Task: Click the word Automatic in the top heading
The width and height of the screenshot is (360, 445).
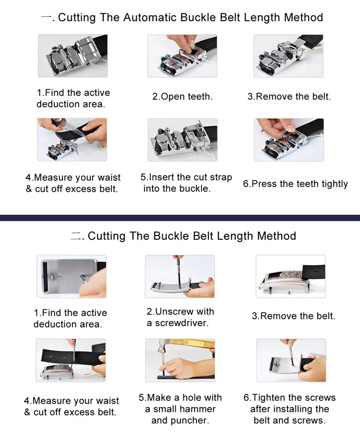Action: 150,18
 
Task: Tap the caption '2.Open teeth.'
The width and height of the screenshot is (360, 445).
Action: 182,96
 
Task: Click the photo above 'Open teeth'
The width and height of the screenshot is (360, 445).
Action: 182,56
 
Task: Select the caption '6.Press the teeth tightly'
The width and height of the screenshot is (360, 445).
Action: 295,184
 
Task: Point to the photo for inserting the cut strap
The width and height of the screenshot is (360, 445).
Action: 183,140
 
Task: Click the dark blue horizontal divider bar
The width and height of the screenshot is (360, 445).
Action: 180,218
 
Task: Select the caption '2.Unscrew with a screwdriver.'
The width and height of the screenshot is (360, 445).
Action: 180,317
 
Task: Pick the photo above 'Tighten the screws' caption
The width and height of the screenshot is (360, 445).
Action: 291,360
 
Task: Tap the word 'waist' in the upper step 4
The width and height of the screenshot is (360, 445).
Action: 109,177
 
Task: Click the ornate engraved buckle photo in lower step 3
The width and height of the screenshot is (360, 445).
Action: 290,276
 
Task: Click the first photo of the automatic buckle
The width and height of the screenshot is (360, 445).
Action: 73,56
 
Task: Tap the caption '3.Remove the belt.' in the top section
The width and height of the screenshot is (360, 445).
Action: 289,96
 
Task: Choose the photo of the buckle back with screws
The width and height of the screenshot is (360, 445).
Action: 72,276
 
